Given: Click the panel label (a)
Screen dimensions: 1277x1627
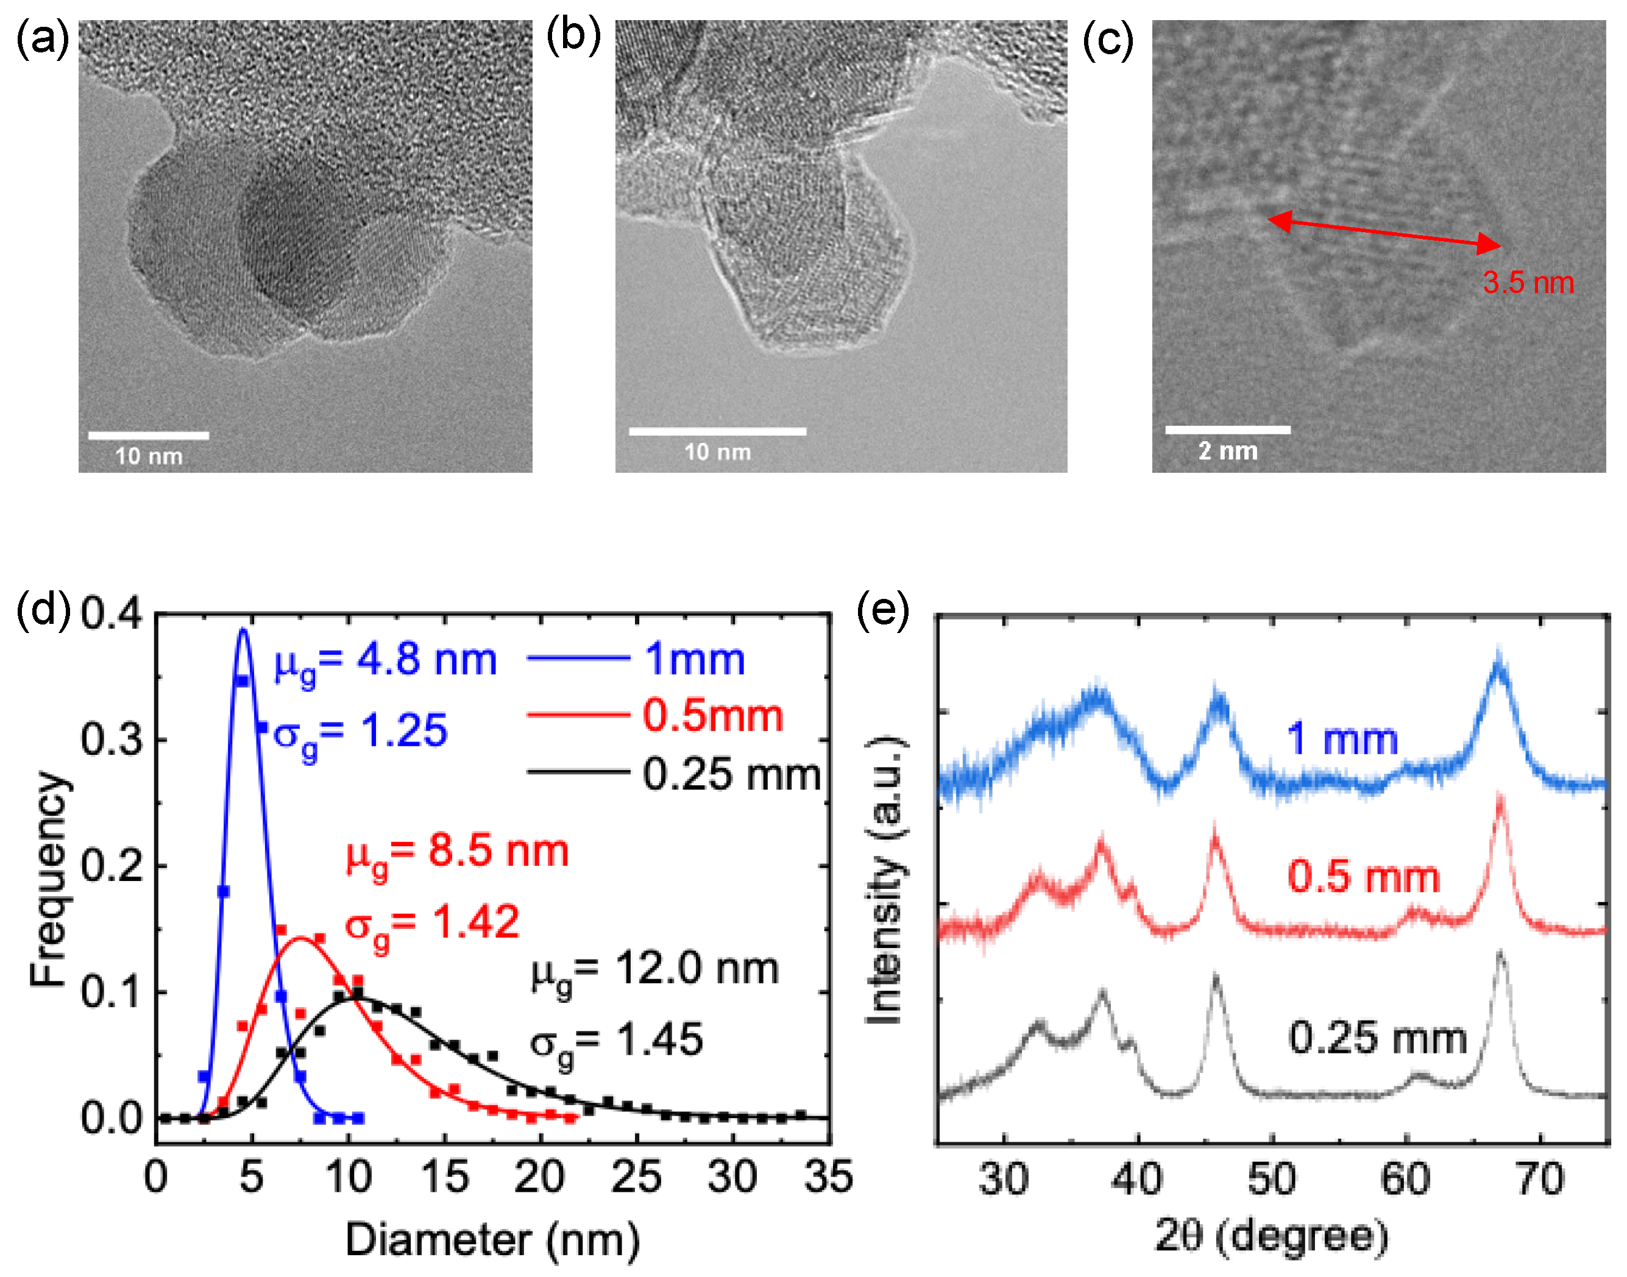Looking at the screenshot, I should pyautogui.click(x=42, y=39).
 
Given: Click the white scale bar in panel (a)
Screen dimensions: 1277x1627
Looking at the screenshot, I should pyautogui.click(x=148, y=435).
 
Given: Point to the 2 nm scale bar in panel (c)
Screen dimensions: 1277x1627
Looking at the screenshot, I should pyautogui.click(x=1227, y=430).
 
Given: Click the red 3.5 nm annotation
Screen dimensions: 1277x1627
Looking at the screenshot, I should pyautogui.click(x=1528, y=283).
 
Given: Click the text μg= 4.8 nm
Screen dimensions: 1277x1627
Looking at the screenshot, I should pyautogui.click(x=385, y=662).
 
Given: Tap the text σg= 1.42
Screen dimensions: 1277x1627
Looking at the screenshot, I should pyautogui.click(x=432, y=924).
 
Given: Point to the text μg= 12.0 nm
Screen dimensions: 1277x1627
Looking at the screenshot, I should pyautogui.click(x=655, y=972).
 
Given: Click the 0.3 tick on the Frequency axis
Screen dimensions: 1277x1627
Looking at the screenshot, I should pyautogui.click(x=111, y=740).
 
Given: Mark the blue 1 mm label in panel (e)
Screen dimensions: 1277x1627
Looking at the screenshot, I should pyautogui.click(x=1342, y=740).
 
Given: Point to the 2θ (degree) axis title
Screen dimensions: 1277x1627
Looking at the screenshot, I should pyautogui.click(x=1271, y=1236).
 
